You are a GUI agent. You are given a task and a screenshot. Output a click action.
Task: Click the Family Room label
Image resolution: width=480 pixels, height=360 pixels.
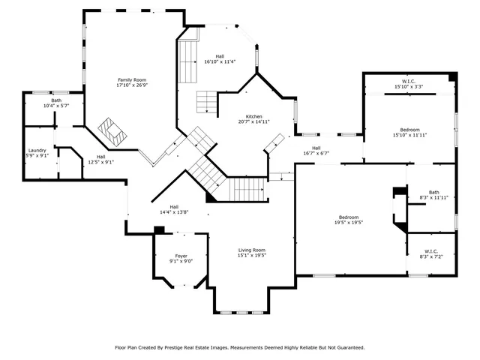click(131, 79)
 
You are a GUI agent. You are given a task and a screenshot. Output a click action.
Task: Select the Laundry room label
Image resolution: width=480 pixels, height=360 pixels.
click(37, 150)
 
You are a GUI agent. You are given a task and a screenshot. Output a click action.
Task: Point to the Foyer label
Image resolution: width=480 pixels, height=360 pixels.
click(171, 256)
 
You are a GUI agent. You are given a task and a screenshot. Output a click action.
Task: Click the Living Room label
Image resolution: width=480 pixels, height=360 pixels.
click(252, 250)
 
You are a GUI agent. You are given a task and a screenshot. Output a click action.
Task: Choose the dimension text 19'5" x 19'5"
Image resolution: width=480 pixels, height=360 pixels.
click(349, 223)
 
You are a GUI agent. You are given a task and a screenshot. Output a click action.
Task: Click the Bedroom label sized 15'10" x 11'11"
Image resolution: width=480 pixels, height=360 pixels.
click(410, 130)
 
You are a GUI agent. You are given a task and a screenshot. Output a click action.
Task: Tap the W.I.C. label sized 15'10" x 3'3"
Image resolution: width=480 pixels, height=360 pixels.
click(409, 81)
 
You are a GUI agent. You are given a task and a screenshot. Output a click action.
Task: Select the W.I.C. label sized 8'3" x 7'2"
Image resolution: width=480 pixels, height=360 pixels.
click(430, 251)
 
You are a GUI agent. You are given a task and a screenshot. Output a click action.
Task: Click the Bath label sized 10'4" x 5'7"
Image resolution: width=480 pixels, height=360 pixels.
click(56, 100)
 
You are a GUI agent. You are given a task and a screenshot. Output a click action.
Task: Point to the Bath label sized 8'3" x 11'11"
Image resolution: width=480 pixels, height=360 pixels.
click(433, 192)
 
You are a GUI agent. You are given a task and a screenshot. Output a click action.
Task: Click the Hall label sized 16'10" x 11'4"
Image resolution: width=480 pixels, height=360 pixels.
click(220, 56)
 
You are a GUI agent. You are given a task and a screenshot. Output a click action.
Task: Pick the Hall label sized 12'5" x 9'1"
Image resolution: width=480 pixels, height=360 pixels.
click(100, 156)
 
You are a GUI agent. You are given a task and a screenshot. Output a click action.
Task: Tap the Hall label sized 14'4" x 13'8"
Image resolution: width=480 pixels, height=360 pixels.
click(173, 207)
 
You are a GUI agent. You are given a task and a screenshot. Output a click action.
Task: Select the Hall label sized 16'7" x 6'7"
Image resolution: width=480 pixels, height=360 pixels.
click(316, 148)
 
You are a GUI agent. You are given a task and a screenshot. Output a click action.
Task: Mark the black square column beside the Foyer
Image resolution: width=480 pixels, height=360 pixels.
click(159, 230)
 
